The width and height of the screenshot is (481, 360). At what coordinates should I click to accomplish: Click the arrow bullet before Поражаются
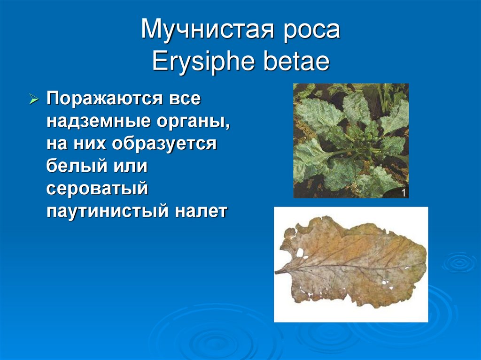[x=34, y=100]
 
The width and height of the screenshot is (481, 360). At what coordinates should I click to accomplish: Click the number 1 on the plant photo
[x=403, y=192]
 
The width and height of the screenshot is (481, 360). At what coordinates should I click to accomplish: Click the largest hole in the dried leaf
[x=299, y=252]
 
